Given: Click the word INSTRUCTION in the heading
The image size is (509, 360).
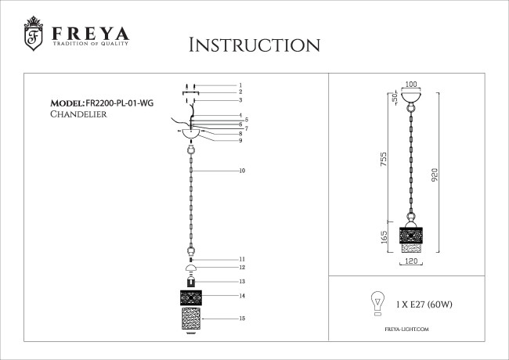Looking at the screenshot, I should click(254, 45).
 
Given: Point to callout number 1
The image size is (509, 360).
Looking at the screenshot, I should click(241, 85).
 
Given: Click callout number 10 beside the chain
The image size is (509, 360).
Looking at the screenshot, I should click(242, 171).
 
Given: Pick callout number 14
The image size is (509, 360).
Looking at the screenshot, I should click(243, 296).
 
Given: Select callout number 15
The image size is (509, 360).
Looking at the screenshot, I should click(243, 319).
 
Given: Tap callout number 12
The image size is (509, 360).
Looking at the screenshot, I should click(243, 268).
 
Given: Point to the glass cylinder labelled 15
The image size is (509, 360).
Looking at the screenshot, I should click(191, 319).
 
